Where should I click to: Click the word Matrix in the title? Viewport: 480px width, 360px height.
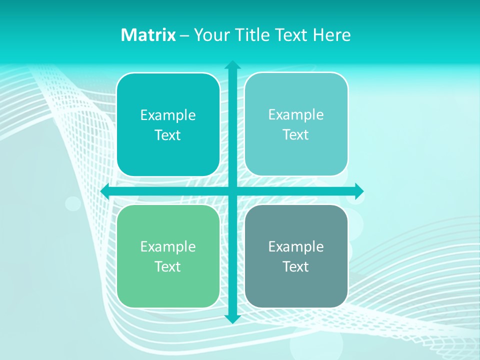(x=148, y=35)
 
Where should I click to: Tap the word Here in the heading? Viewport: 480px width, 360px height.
(x=332, y=35)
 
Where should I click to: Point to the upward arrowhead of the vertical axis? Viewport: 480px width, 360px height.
(x=232, y=65)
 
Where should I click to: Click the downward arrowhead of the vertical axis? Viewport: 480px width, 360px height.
(x=232, y=318)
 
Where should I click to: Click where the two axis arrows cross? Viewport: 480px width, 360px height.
(x=232, y=191)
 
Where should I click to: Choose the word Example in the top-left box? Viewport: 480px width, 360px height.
(x=168, y=115)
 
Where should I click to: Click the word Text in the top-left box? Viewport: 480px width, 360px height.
(x=168, y=135)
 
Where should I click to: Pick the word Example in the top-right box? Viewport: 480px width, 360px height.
(x=296, y=114)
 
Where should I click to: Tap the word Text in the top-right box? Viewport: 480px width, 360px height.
(x=296, y=134)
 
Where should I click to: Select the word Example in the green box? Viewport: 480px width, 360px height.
(x=168, y=246)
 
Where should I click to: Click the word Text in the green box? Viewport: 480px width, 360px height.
(x=168, y=266)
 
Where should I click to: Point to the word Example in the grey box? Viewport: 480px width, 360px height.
(x=296, y=246)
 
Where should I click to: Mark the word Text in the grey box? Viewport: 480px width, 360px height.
(x=296, y=266)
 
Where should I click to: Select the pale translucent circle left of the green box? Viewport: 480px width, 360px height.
(x=73, y=203)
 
